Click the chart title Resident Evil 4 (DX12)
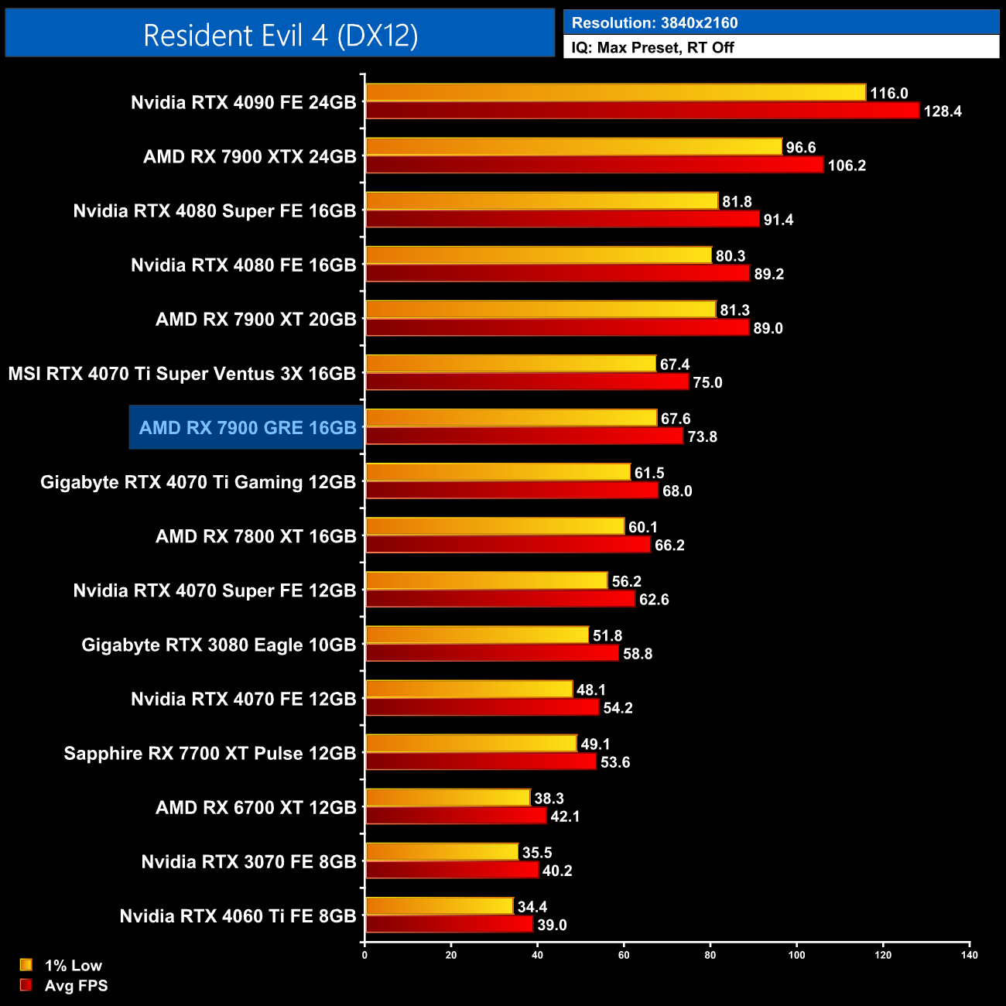[x=280, y=35]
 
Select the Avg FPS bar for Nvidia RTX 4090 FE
[x=642, y=111]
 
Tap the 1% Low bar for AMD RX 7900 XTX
[x=573, y=147]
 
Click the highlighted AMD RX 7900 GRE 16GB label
[x=247, y=427]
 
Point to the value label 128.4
[x=942, y=111]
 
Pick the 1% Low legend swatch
[x=26, y=965]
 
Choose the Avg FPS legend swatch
[x=26, y=985]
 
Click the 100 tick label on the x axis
[x=796, y=955]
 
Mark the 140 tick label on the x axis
[x=969, y=955]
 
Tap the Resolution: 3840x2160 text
[x=655, y=23]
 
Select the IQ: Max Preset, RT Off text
[x=652, y=47]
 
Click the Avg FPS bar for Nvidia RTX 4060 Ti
[x=449, y=925]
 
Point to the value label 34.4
[x=532, y=907]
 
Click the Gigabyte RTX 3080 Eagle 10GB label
[x=219, y=645]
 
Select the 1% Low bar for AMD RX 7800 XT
[x=494, y=527]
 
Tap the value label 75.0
[x=707, y=383]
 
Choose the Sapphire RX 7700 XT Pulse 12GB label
[x=210, y=753]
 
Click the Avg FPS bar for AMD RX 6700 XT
[x=456, y=816]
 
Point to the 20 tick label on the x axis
[x=451, y=955]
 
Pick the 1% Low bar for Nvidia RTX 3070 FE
[x=441, y=852]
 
